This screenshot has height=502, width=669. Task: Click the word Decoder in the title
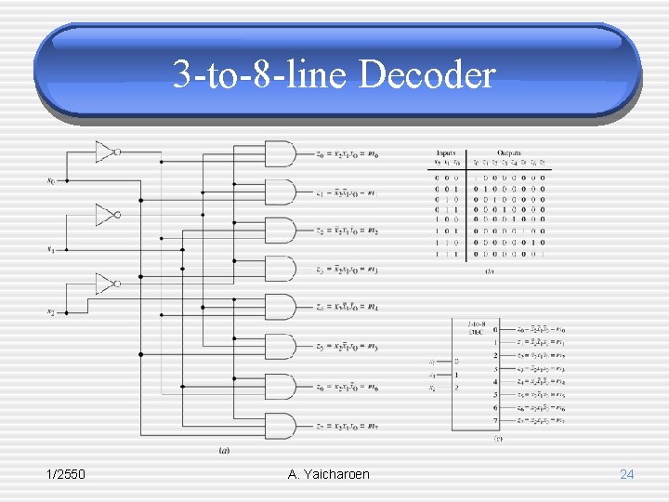click(426, 74)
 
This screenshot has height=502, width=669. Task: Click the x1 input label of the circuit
click(51, 248)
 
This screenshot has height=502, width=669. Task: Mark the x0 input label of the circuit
click(51, 180)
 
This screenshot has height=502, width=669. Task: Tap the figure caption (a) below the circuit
click(224, 451)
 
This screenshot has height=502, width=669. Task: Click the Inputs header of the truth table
click(447, 152)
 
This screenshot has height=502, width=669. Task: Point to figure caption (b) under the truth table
click(490, 271)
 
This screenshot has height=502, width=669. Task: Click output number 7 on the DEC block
click(495, 420)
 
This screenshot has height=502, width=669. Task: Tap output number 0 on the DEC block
click(495, 330)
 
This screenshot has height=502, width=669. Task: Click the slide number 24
click(626, 474)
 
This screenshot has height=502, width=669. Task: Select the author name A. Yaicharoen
click(328, 474)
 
